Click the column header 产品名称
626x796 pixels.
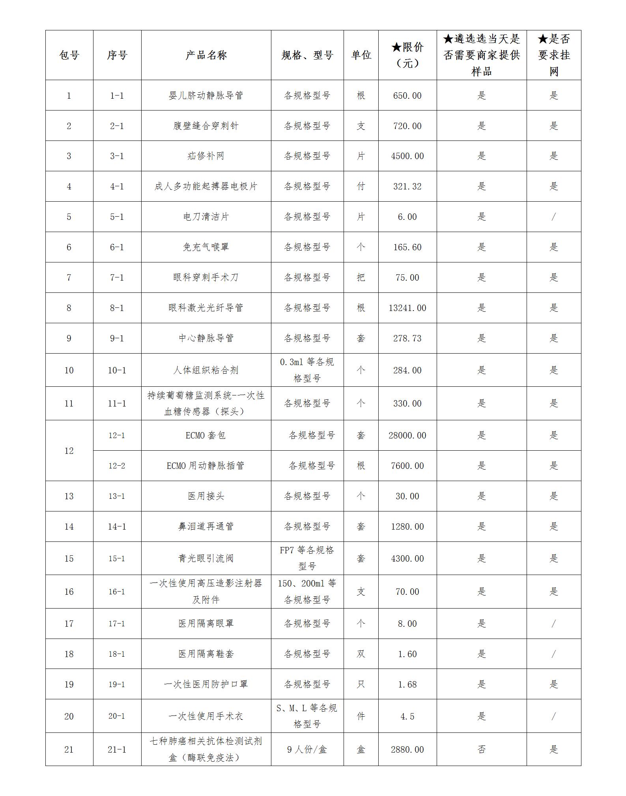click(206, 55)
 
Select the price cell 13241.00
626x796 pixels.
click(407, 308)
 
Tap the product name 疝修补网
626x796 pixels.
click(206, 156)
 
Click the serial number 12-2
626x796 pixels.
click(117, 466)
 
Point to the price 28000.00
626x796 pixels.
click(407, 435)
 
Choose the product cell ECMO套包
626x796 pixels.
click(206, 435)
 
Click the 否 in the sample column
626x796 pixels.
click(481, 749)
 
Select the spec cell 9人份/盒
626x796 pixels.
click(307, 749)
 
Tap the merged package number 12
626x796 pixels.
click(69, 451)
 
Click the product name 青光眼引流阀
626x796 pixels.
click(206, 558)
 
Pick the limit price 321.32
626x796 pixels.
click(407, 186)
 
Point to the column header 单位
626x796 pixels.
click(361, 55)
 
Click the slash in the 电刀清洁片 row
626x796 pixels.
click(553, 217)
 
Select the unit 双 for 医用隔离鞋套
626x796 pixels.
click(361, 654)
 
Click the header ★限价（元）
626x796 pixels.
click(407, 55)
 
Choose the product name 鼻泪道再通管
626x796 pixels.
click(206, 526)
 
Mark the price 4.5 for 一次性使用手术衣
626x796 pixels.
click(407, 716)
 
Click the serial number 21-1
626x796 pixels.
click(117, 749)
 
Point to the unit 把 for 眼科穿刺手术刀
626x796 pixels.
click(361, 277)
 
